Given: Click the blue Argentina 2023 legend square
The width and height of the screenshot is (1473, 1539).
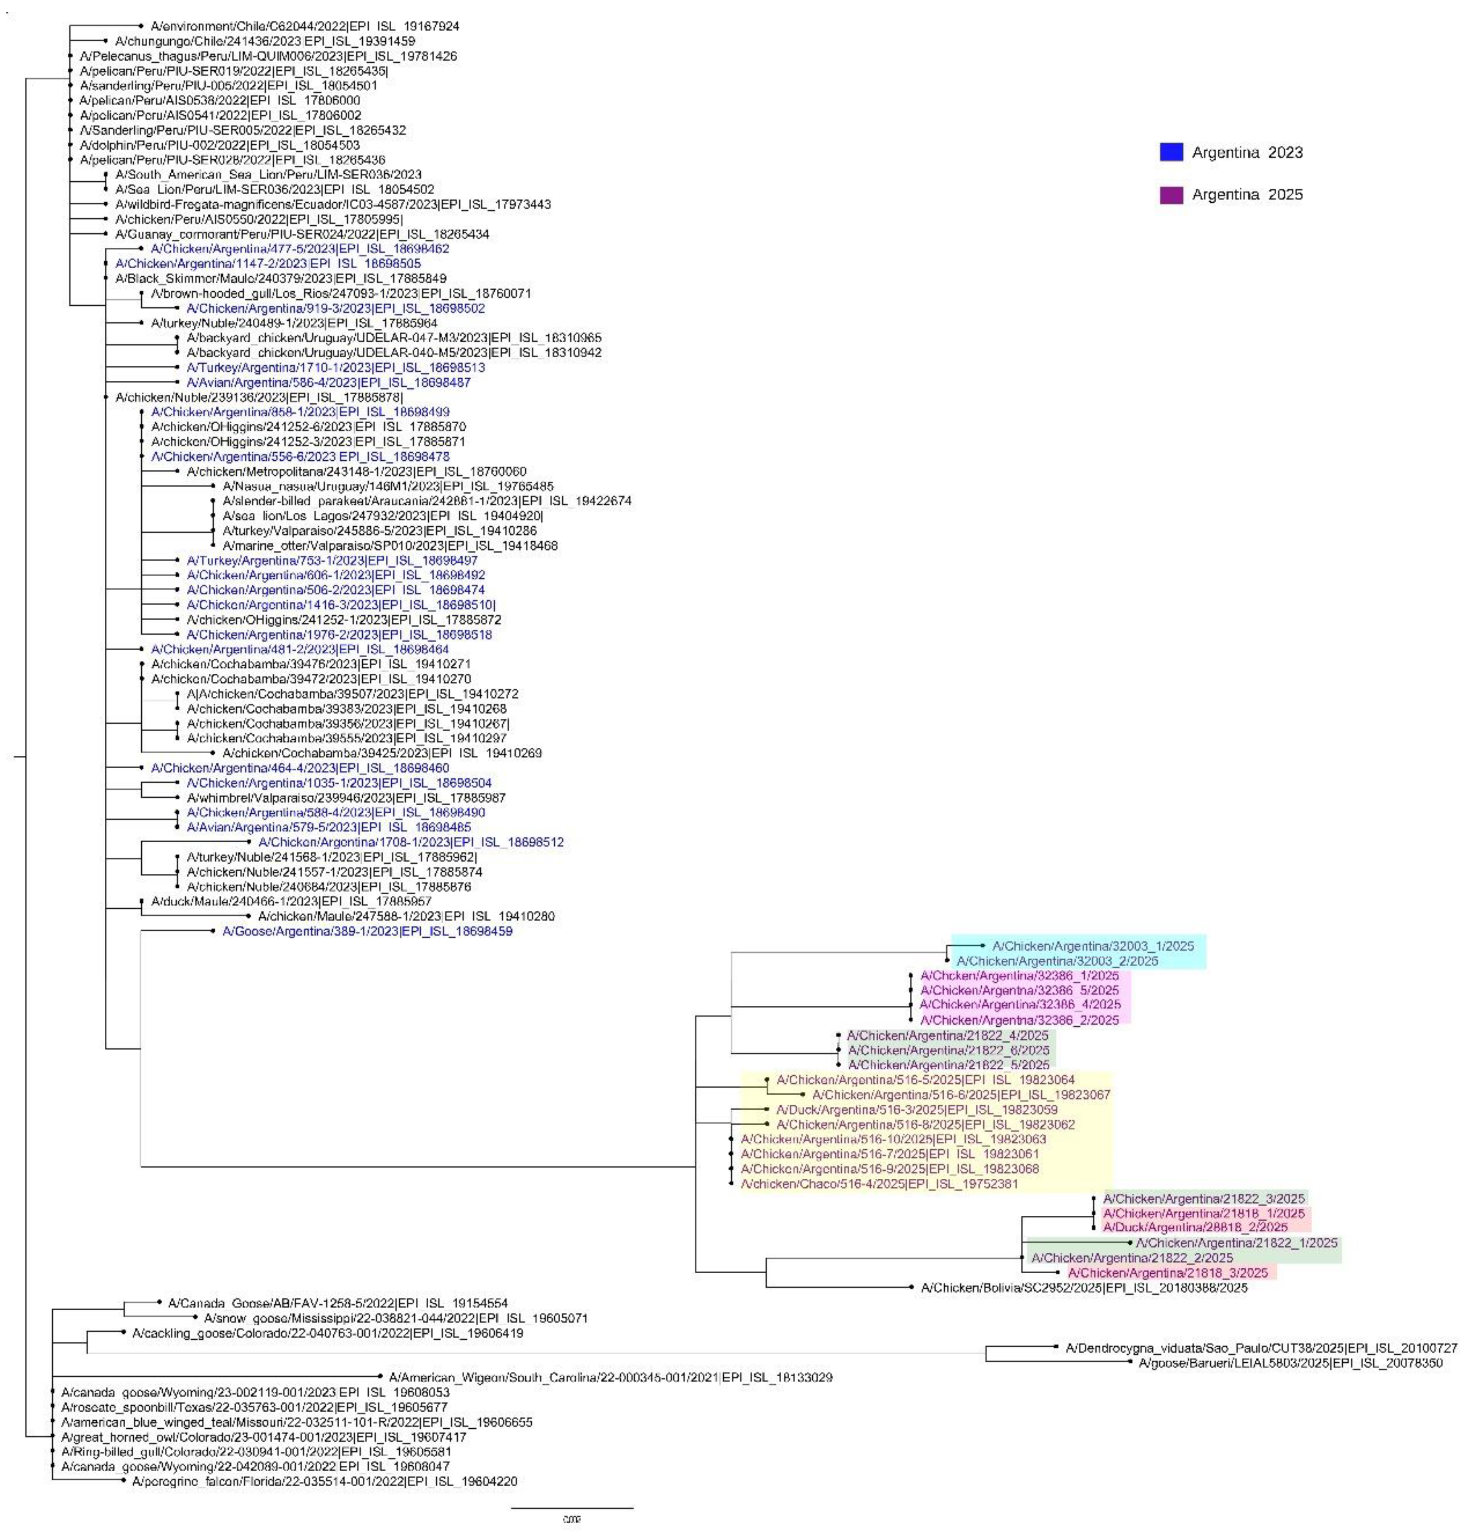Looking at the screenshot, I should [1171, 152].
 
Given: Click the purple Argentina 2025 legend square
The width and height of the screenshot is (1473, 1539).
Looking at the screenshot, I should [1171, 195].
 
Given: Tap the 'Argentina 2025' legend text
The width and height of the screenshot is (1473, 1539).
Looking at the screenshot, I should [1247, 195].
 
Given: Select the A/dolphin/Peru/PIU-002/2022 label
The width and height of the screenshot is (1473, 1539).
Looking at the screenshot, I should [220, 145].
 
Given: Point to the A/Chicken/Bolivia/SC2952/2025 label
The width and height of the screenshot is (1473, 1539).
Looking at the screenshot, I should [1083, 1288].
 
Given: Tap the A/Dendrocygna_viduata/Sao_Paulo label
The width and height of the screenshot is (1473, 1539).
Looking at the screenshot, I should [1260, 1348].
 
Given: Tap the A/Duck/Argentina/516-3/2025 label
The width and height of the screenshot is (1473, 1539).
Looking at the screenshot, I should [916, 1109].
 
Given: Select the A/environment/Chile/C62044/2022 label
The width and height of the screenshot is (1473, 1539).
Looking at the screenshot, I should [305, 26].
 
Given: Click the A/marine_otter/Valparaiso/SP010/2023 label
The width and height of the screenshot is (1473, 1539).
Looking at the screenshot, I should [390, 546].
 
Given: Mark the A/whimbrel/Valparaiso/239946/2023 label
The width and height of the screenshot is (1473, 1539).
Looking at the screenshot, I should [346, 798].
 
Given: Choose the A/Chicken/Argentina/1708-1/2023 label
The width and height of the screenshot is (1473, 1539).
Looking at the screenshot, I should [411, 842].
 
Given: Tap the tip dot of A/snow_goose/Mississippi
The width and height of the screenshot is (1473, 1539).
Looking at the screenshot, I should [195, 1318].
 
